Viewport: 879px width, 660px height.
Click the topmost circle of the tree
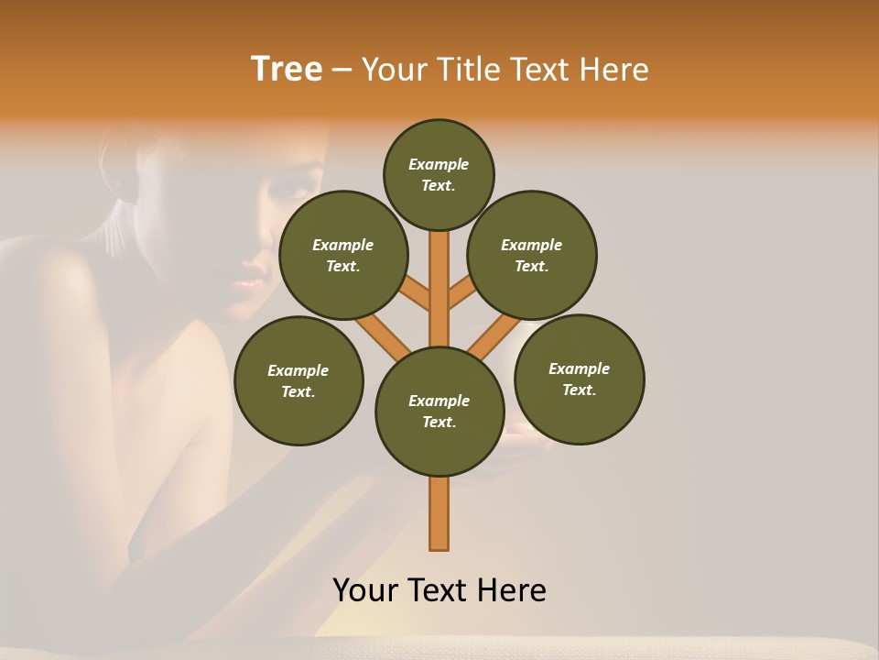point(439,174)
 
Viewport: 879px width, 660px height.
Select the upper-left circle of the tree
point(343,255)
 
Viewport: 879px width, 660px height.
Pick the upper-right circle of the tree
point(532,255)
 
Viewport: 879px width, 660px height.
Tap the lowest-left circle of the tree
point(298,380)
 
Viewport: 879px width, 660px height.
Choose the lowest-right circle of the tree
point(579,379)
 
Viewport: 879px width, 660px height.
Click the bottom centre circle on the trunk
point(439,411)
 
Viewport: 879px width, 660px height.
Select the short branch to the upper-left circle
point(415,295)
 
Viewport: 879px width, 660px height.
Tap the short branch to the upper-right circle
point(463,295)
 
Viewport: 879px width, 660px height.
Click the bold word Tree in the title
point(287,69)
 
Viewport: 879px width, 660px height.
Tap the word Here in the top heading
point(614,69)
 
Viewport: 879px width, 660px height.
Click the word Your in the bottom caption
point(366,589)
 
